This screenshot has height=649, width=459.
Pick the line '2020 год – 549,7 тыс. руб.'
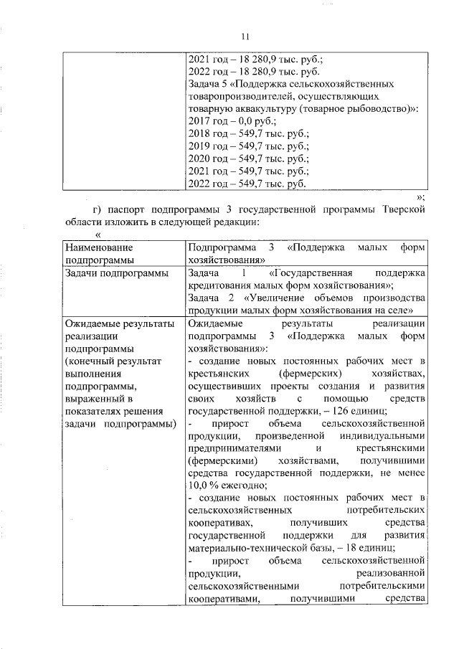click(247, 158)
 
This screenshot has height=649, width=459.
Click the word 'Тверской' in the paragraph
click(407, 209)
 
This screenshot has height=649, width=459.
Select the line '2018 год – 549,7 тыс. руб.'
click(247, 133)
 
